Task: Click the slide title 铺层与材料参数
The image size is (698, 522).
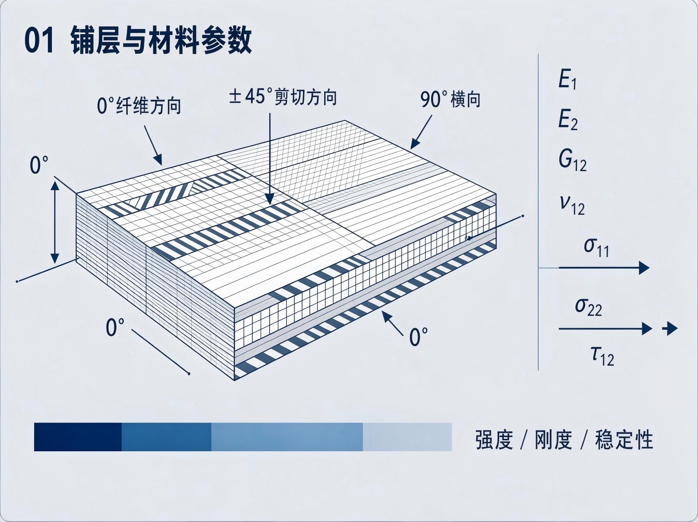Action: (161, 40)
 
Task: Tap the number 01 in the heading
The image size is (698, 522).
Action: (39, 41)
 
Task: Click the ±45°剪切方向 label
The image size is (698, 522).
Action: (283, 97)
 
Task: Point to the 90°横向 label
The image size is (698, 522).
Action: (451, 99)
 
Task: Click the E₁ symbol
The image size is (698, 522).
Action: (568, 79)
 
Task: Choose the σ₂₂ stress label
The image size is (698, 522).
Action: (588, 307)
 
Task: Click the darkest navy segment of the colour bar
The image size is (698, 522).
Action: (78, 437)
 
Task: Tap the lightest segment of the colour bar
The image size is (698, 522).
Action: (407, 437)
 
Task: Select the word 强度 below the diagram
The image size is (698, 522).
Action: (494, 440)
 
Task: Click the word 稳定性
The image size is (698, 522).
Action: (624, 440)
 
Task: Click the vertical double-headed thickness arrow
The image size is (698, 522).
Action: (55, 223)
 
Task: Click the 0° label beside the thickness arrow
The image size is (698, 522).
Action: (39, 165)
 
